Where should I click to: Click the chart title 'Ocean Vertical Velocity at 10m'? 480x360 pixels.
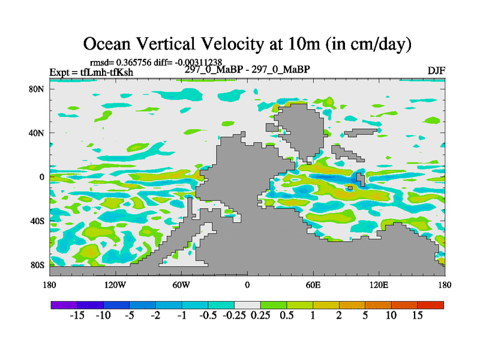(x=247, y=43)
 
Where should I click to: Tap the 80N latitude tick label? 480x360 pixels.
(x=37, y=89)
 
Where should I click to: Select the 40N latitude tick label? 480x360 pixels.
(x=37, y=133)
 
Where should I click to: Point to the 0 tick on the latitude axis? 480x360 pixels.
(x=42, y=177)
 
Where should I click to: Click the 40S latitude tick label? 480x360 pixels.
(x=37, y=221)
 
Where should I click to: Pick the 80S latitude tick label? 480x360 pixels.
(x=37, y=265)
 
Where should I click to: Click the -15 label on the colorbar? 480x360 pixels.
(x=77, y=316)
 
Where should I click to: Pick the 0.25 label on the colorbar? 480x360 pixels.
(x=260, y=316)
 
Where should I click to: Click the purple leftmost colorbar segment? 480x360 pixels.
(x=64, y=305)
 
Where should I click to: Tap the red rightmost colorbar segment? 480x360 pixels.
(x=430, y=305)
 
